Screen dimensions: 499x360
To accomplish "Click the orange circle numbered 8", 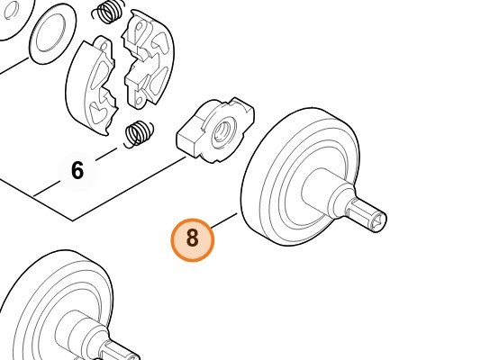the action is click(192, 239).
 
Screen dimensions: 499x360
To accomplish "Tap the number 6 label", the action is click(77, 171).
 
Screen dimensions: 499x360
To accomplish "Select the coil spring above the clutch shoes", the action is click(107, 12).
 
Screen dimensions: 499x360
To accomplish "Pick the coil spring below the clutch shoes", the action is click(139, 134).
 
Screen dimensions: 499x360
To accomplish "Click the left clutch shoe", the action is click(91, 85).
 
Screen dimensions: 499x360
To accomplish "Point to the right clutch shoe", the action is click(148, 58).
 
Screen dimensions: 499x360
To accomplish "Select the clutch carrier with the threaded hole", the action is click(215, 130).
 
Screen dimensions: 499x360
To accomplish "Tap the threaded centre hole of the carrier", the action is click(223, 131).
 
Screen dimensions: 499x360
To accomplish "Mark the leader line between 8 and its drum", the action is click(224, 221).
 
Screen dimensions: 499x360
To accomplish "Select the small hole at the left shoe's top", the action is click(104, 47).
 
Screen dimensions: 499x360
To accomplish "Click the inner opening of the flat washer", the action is click(51, 34).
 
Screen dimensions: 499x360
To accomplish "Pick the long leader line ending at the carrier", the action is click(129, 189).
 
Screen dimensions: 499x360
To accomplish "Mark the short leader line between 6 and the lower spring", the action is click(106, 154).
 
